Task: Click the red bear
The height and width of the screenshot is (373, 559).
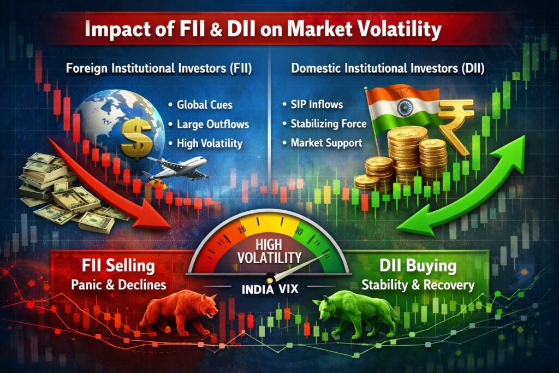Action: pyautogui.click(x=174, y=315)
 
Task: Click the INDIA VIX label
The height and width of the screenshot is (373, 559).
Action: pyautogui.click(x=270, y=288)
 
